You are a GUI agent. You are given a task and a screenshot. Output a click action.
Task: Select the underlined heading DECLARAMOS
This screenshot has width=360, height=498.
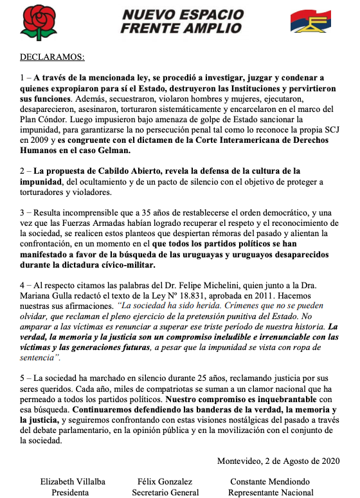coord(51,57)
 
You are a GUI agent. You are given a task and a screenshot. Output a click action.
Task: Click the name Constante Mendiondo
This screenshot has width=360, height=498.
coord(270,481)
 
